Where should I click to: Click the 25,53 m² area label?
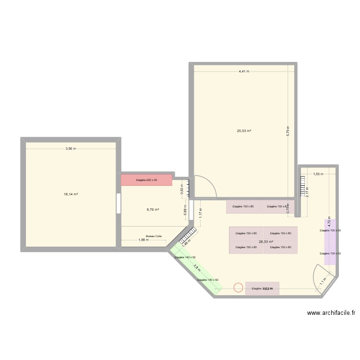(x=244, y=131)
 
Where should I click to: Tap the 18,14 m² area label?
(x=71, y=194)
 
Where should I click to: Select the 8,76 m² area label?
(x=153, y=209)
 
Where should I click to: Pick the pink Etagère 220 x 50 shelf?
(x=146, y=180)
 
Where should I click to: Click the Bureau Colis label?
(x=154, y=236)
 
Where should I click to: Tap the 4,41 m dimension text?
(x=244, y=72)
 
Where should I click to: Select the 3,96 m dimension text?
(x=71, y=149)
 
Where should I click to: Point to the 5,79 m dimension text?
(x=288, y=131)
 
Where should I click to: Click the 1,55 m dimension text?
(x=318, y=174)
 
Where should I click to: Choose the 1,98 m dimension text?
(x=144, y=240)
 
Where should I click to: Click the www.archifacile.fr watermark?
(x=331, y=313)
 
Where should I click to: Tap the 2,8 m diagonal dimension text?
(x=196, y=267)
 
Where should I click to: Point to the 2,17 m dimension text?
(x=307, y=191)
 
